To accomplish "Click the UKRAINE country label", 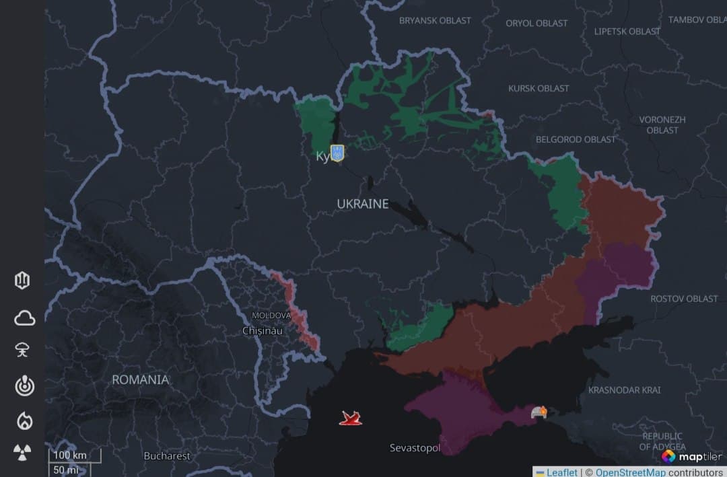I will point(363,203).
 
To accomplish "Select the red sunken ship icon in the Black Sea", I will point(351,418).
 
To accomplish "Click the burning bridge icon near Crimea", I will point(539,412).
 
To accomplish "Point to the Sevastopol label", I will point(415,448).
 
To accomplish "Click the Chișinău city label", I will point(263,331).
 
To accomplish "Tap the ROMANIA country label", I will point(140,379).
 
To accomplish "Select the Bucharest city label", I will point(167,456).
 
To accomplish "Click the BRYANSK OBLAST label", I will point(435,20).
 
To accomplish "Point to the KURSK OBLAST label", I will point(539,88).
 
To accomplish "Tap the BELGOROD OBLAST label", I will point(576,139).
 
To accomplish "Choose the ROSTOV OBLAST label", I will point(684,298).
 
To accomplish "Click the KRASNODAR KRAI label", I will point(624,390).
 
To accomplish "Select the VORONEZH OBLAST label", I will point(662,124).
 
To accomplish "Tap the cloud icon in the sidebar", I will point(24,318).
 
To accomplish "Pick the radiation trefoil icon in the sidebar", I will point(23,453).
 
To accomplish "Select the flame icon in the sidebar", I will point(24,420).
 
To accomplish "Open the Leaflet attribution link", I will point(561,472).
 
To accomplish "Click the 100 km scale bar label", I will point(70,455).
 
